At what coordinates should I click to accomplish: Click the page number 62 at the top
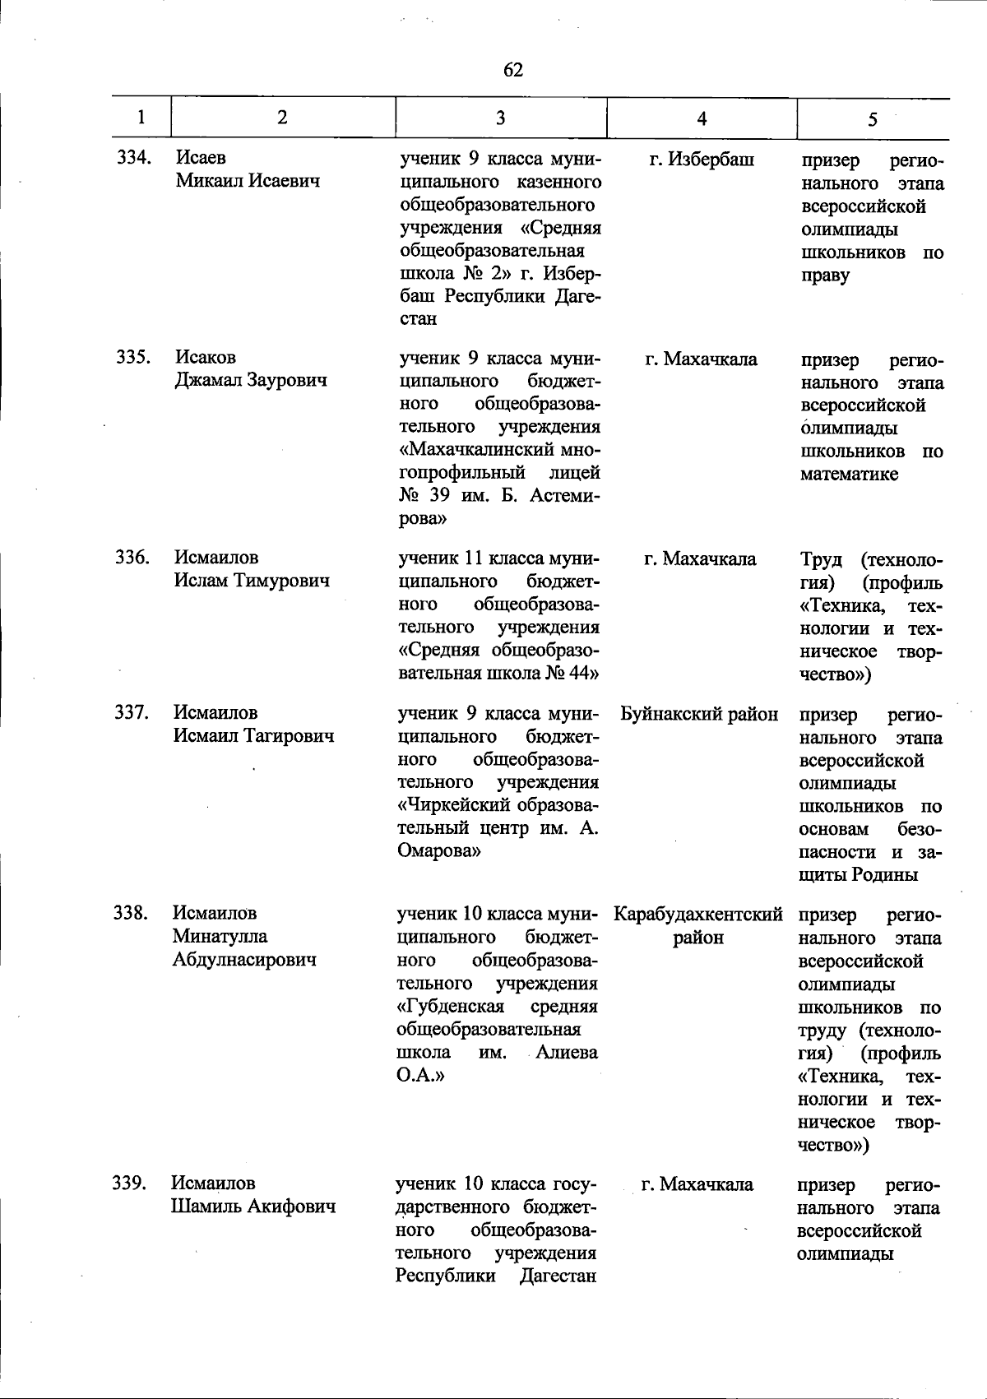pyautogui.click(x=512, y=70)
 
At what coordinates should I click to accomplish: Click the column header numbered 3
pyautogui.click(x=500, y=118)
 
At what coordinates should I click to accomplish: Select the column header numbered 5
pyautogui.click(x=872, y=119)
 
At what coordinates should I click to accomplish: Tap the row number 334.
pyautogui.click(x=133, y=157)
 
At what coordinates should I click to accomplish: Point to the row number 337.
pyautogui.click(x=131, y=712)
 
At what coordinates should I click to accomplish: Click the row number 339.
pyautogui.click(x=129, y=1183)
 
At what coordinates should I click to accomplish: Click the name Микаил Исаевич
pyautogui.click(x=247, y=180)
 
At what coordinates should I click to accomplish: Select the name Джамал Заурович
pyautogui.click(x=250, y=380)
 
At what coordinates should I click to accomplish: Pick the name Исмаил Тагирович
pyautogui.click(x=253, y=735)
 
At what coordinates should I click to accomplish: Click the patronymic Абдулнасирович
pyautogui.click(x=244, y=959)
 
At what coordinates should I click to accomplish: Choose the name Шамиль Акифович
pyautogui.click(x=253, y=1207)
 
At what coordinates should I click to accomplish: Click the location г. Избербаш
pyautogui.click(x=701, y=159)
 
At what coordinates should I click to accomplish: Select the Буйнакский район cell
pyautogui.click(x=699, y=713)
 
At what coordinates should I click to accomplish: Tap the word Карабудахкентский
pyautogui.click(x=698, y=914)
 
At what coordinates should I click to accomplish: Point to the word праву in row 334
pyautogui.click(x=825, y=275)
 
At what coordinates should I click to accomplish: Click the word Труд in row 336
pyautogui.click(x=821, y=560)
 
